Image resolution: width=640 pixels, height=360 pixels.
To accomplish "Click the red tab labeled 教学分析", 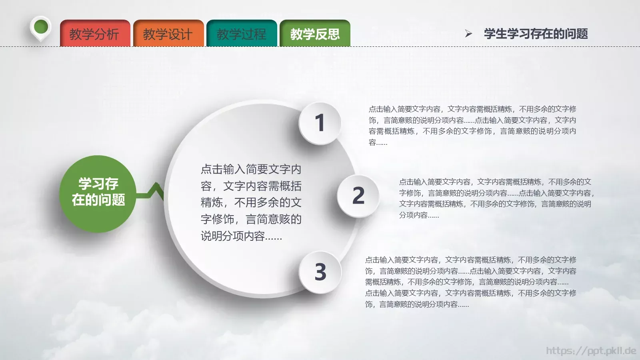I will pos(95,34).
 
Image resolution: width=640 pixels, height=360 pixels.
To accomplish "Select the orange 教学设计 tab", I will pos(168,34).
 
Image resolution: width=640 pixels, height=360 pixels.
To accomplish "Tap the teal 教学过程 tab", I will pos(242,34).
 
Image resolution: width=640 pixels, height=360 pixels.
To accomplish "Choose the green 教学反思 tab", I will pos(315,34).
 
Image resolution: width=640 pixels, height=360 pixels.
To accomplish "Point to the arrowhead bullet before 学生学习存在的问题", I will pos(468,34).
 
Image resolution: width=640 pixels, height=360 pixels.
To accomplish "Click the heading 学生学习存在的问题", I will pos(536,34).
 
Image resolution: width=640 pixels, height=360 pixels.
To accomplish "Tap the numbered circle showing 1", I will pos(320,123).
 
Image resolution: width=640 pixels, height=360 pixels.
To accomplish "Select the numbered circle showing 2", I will pos(358,196).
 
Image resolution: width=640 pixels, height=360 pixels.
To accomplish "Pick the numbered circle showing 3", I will pos(320,272).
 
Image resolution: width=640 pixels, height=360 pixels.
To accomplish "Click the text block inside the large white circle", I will pos(251,202).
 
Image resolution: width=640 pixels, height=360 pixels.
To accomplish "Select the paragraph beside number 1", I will pos(472,125).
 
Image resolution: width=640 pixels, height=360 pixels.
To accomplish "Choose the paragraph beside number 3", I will pos(471,282).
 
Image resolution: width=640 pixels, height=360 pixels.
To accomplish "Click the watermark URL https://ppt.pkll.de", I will pos(591,351).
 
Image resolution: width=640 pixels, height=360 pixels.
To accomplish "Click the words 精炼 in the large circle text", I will pos(212,203).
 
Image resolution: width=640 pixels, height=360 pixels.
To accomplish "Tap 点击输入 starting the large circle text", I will pos(223,170).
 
